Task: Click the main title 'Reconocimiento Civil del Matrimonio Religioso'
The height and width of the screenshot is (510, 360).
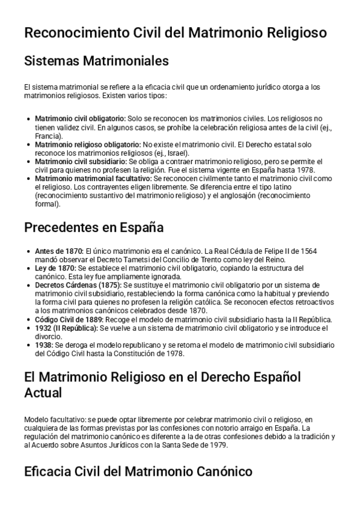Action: click(175, 32)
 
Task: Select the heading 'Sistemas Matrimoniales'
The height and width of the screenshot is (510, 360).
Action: click(96, 61)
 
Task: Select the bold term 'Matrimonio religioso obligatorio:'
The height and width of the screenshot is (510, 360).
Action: click(88, 145)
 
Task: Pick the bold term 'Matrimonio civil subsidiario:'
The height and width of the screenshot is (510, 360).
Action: click(81, 162)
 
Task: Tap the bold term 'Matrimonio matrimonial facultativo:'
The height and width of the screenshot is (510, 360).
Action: click(93, 179)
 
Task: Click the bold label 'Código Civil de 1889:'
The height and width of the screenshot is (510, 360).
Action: click(69, 319)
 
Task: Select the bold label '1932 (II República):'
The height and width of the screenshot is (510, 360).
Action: click(67, 328)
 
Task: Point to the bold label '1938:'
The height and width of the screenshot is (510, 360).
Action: click(44, 345)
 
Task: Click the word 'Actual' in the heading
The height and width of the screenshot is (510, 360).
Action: click(44, 393)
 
